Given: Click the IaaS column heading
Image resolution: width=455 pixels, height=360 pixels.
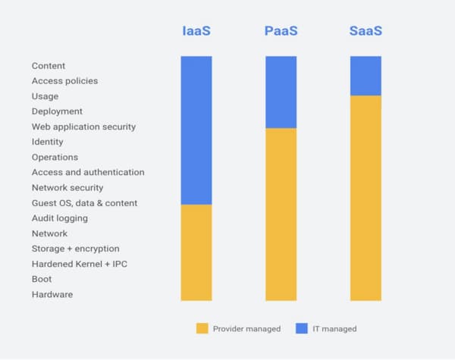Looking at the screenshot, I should (196, 32).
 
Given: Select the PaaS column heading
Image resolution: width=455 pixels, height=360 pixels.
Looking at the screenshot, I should (281, 32).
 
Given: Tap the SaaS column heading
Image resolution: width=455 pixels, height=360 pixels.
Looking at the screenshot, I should (366, 32).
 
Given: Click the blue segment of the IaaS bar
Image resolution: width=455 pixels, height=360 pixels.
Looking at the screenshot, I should (196, 130).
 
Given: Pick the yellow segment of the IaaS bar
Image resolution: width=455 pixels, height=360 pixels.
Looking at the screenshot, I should (196, 252).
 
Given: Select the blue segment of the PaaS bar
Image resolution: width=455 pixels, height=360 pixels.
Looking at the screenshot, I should (281, 92).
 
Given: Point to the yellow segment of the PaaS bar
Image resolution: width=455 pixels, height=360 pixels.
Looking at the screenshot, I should (281, 214).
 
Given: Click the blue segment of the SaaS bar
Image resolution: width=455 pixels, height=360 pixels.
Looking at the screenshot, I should (366, 75).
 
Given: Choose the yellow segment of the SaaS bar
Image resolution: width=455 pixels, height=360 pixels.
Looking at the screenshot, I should (366, 198).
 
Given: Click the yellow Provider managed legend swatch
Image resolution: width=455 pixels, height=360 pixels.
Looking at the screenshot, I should (202, 328).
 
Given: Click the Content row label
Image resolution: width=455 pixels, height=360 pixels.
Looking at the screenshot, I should (49, 66).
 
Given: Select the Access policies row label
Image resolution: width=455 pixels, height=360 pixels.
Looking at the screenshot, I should (64, 81).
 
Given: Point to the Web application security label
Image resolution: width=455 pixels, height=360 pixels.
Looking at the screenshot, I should (83, 127).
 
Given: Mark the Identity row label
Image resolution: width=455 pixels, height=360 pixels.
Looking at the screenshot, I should (48, 142).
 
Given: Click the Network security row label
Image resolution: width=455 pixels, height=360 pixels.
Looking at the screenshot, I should (67, 187).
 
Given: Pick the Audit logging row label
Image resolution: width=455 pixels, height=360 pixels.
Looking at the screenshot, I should (60, 218).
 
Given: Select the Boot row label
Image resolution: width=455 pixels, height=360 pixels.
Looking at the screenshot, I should (42, 279).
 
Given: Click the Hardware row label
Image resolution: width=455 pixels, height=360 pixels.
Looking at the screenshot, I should (52, 294).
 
